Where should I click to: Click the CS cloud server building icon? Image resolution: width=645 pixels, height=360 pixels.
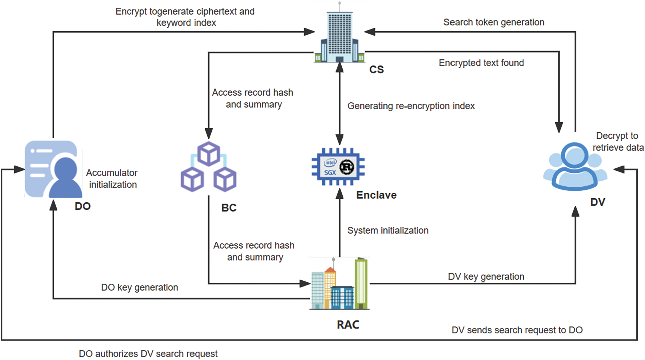point(339,35)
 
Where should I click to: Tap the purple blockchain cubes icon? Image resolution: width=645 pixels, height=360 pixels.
point(209,167)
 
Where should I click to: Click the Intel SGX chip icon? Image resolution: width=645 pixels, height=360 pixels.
point(338,167)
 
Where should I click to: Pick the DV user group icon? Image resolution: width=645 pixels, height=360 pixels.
point(575,167)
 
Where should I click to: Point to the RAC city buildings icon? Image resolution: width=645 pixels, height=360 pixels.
point(340,284)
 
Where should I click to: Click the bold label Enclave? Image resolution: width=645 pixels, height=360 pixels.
point(376,195)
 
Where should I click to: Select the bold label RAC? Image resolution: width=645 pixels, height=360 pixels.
point(348,325)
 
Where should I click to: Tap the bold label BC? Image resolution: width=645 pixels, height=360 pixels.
point(229,208)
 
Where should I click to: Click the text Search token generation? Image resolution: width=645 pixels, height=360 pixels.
point(494,22)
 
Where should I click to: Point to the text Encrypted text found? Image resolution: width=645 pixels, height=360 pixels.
point(481,63)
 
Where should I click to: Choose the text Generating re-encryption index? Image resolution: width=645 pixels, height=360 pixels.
point(411,106)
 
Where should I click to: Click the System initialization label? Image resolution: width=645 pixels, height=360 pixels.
point(388,230)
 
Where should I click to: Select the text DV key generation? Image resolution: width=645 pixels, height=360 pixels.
point(486,277)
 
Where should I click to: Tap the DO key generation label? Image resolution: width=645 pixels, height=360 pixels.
point(139,287)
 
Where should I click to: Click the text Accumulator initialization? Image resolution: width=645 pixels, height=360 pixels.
point(112,179)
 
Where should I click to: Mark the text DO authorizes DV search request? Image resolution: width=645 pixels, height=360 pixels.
point(148,354)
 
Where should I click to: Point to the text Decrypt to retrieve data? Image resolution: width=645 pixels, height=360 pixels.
point(618,142)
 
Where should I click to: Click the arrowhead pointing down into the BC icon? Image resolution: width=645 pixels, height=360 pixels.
point(209,134)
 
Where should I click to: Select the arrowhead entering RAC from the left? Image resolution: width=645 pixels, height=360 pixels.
point(305,284)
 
